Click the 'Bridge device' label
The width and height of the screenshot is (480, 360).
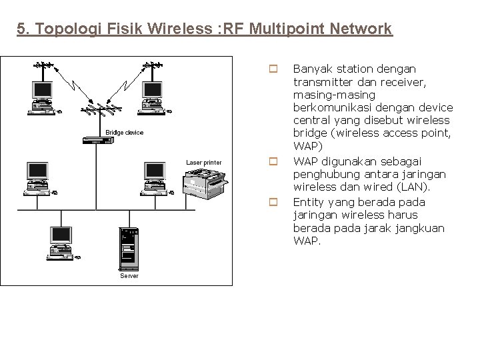coord(124,133)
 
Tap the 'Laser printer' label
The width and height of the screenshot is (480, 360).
coord(203,163)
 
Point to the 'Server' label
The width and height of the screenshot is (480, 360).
coord(129,275)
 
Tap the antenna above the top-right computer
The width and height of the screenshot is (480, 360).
coord(153,66)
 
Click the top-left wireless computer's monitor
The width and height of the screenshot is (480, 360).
coord(42,89)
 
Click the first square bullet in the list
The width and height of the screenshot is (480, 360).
coord(272,69)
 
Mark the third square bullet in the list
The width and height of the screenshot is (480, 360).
coord(272,201)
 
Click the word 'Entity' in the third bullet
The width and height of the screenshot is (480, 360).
coord(307,201)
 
